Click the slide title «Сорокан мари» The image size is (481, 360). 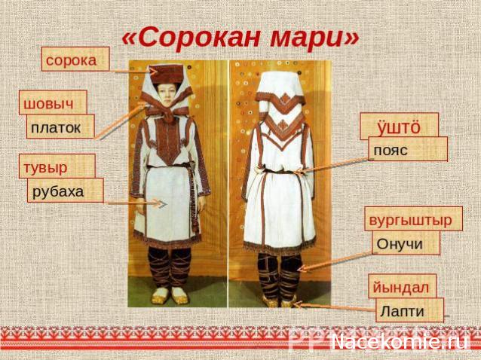[240, 35]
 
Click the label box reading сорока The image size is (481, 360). [75, 59]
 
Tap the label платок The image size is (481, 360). [60, 127]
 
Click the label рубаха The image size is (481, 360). [65, 191]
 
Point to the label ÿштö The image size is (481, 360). [399, 125]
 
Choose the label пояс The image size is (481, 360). [407, 149]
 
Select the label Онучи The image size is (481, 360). [406, 243]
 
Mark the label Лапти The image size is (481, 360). [409, 310]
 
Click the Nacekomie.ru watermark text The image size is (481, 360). [400, 342]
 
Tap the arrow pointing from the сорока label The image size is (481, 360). [132, 72]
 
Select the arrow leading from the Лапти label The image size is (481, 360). [335, 307]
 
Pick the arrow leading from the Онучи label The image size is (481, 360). [335, 261]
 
